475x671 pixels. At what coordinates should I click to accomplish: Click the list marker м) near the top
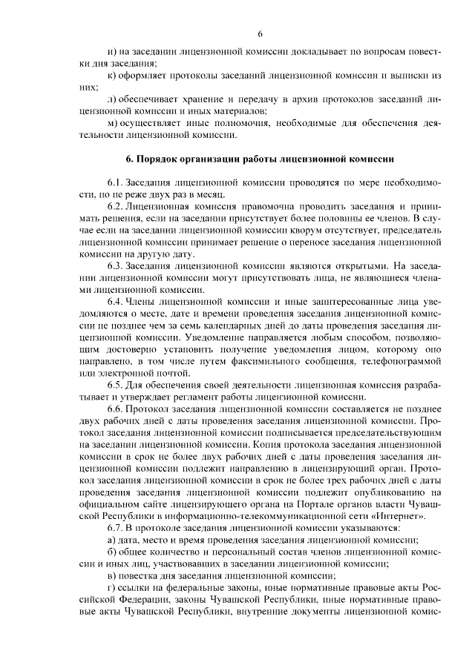(x=113, y=122)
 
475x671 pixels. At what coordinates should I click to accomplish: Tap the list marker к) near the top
(x=112, y=75)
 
